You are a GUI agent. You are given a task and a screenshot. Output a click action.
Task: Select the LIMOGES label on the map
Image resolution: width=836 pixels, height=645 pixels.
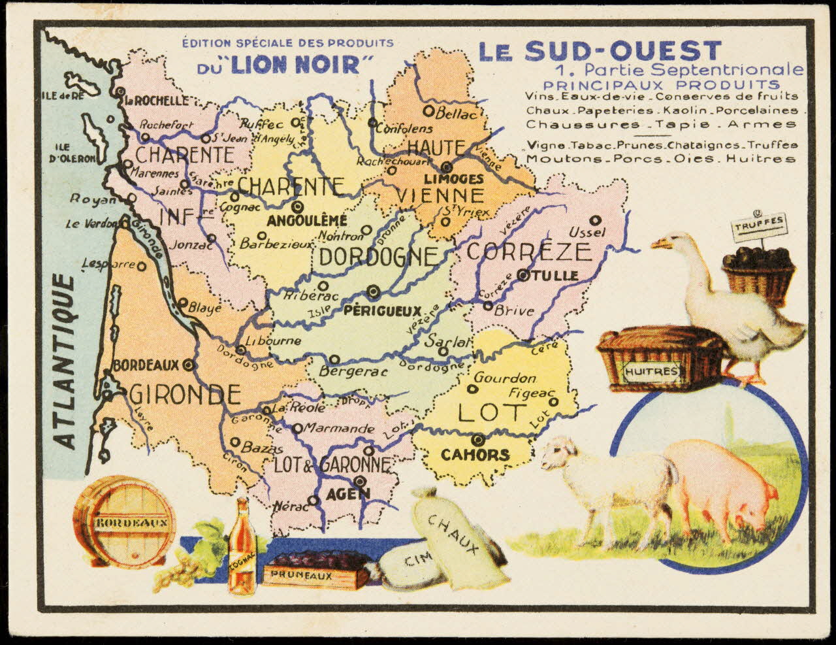pyautogui.click(x=453, y=178)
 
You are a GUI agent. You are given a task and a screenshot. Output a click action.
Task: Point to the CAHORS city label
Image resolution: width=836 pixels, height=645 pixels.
pyautogui.click(x=475, y=454)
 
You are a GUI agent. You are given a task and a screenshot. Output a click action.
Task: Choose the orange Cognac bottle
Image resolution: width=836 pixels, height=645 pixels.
pyautogui.click(x=242, y=549)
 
